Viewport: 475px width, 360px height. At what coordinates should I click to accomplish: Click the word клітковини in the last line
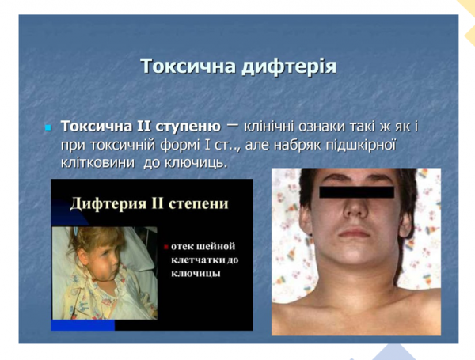tap(97, 163)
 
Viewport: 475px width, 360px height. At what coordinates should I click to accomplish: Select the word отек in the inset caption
tap(180, 244)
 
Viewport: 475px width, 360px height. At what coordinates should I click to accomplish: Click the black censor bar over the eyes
tap(355, 192)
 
